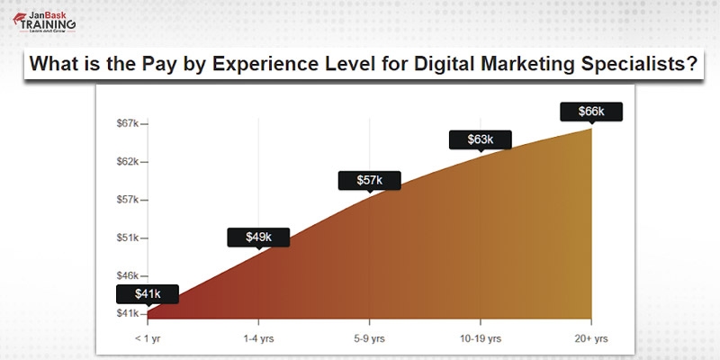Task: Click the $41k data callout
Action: (x=148, y=293)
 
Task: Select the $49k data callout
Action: (x=258, y=237)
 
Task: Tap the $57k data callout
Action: (x=369, y=180)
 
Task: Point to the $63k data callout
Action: (x=480, y=139)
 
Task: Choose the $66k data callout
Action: (x=590, y=111)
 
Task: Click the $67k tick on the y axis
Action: (x=127, y=122)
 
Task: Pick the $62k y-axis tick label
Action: (x=127, y=161)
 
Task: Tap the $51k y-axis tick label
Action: (x=127, y=238)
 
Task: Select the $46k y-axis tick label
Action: (x=127, y=275)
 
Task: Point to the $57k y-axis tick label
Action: (x=127, y=199)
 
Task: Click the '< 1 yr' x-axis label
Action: (x=147, y=339)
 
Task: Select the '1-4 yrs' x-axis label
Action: (x=258, y=339)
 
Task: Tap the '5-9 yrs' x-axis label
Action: (x=369, y=339)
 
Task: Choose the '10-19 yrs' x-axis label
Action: (x=480, y=339)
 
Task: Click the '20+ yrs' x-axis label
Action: (x=590, y=339)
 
